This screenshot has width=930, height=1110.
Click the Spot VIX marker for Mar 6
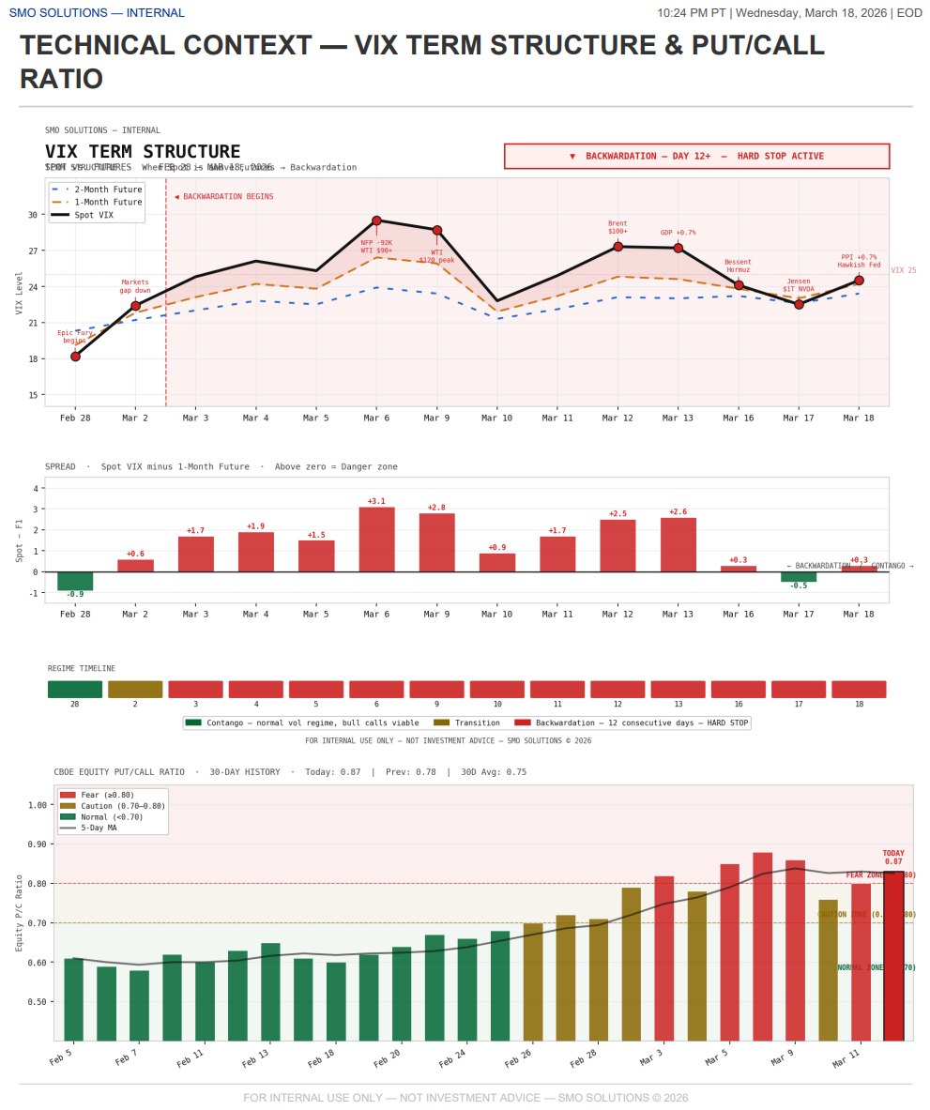tap(376, 220)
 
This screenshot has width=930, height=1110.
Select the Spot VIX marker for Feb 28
tap(75, 357)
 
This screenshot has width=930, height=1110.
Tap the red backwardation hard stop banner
tap(696, 156)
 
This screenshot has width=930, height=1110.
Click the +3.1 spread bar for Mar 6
tap(376, 540)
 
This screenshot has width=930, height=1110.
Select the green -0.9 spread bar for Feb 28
tap(75, 581)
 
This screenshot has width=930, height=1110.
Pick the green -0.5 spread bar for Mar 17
tap(799, 577)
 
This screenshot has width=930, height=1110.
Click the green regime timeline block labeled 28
tap(75, 690)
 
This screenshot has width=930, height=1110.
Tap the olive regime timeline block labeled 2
tap(135, 690)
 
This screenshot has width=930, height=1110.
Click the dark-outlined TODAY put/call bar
tap(893, 955)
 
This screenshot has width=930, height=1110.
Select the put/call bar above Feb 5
tap(73, 998)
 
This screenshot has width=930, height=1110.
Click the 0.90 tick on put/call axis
tap(38, 844)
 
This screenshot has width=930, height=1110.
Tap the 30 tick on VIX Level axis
tap(33, 215)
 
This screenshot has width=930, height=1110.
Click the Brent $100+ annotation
tap(617, 227)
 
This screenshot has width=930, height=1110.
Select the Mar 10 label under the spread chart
tap(496, 614)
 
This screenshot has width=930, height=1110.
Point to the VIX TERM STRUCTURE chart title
tap(143, 152)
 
